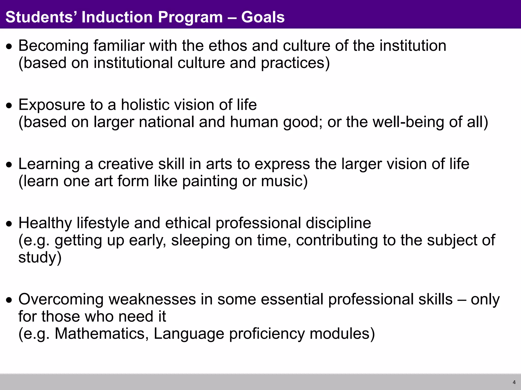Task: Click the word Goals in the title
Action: (263, 17)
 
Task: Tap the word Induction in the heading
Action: (117, 17)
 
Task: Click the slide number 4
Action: (514, 382)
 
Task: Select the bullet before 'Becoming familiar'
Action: (9, 46)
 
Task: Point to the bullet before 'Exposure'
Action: (9, 105)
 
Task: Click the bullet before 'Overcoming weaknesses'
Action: (9, 300)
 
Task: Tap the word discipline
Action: (338, 223)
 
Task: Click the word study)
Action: (40, 257)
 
